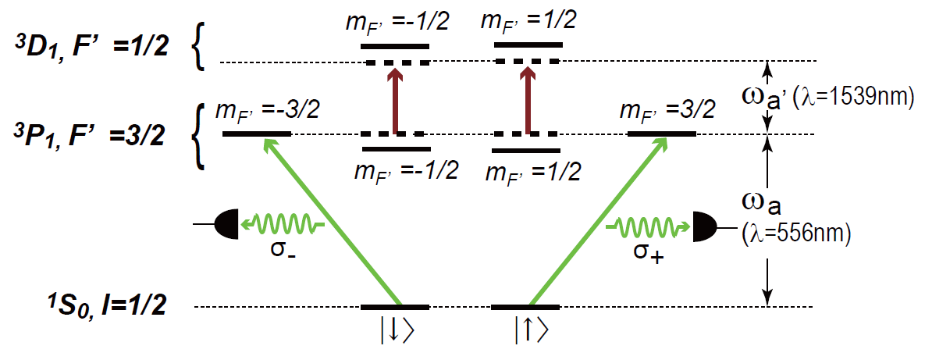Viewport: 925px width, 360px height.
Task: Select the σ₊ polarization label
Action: click(x=645, y=255)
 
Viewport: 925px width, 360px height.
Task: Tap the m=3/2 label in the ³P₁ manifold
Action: click(x=667, y=109)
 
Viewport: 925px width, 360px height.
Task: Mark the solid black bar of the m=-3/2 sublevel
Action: click(x=257, y=134)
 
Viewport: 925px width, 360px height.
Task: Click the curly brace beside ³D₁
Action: click(x=200, y=50)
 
